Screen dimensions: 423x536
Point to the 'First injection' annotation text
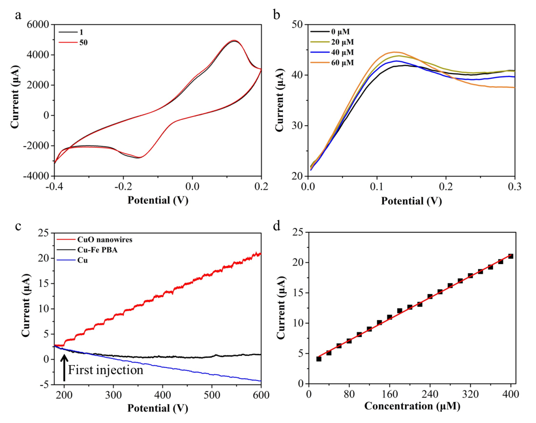(x=106, y=370)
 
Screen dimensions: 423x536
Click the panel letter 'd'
(x=277, y=227)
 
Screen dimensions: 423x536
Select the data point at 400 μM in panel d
(x=511, y=256)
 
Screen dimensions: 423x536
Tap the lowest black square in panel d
(x=319, y=358)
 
